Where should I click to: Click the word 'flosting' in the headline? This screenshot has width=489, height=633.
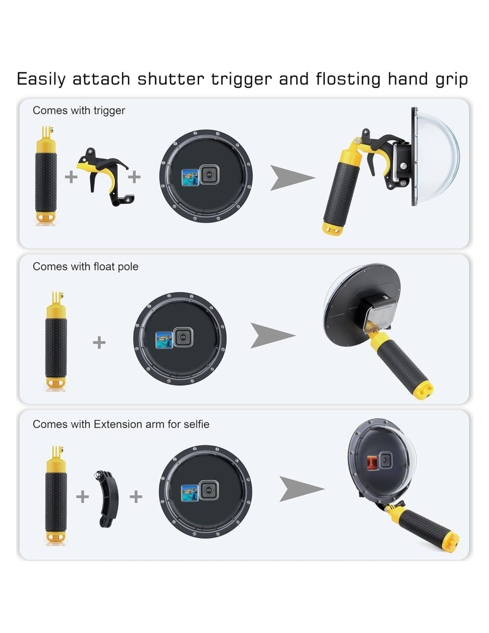pos(348,79)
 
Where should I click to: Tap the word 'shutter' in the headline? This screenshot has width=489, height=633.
pos(170,79)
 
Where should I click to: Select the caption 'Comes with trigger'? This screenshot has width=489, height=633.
pos(79,111)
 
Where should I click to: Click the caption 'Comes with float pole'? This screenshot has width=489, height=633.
pos(85,267)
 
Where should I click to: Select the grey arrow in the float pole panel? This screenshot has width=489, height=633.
pos(272,335)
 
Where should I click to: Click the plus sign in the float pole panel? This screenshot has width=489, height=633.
pos(99,342)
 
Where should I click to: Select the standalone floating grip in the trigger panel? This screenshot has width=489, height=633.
pos(46,175)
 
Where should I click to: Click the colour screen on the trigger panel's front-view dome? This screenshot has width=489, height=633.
pos(190,178)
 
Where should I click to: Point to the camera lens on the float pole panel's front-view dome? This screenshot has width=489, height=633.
pos(183,337)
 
